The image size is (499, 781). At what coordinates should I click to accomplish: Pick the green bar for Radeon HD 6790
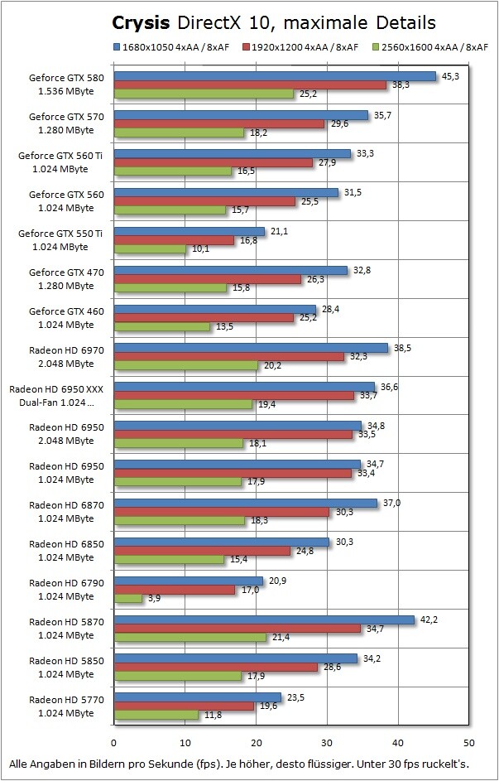click(128, 598)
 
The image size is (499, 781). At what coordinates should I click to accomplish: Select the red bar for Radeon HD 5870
click(238, 629)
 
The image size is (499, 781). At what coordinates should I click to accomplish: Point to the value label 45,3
click(451, 75)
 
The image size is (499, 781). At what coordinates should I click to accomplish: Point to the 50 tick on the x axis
click(469, 742)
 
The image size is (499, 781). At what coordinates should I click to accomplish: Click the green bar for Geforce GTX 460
click(161, 326)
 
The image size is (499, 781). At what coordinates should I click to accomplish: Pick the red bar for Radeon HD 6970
click(228, 356)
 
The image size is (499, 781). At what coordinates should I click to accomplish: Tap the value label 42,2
click(429, 618)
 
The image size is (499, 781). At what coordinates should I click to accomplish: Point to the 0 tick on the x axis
click(113, 742)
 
